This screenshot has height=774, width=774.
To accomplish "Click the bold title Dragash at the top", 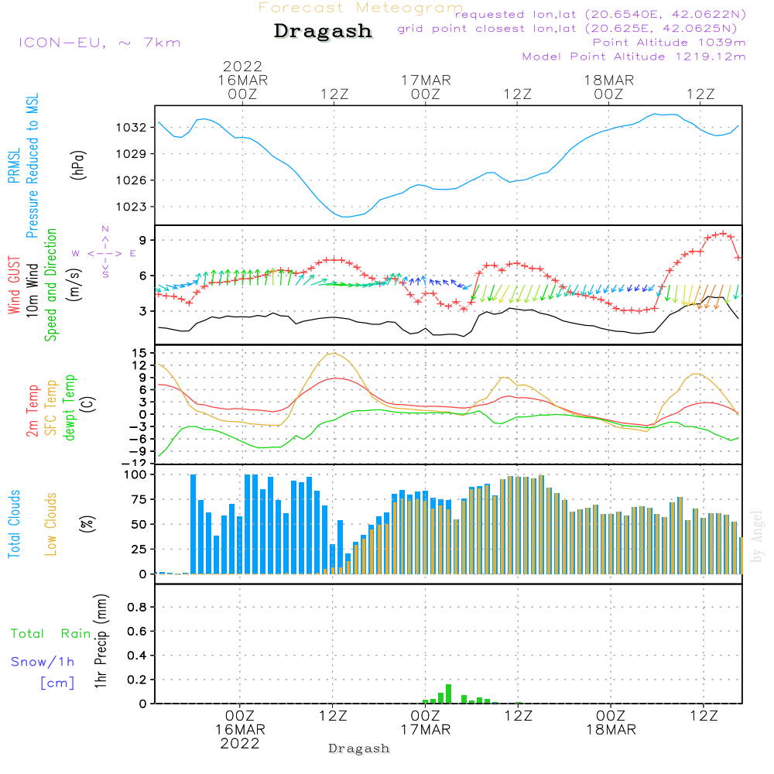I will tap(323, 32).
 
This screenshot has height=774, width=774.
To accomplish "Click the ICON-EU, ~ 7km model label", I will tap(99, 42).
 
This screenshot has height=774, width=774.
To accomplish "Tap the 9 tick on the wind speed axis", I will tap(143, 241).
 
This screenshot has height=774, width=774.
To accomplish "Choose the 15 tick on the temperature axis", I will tap(140, 353).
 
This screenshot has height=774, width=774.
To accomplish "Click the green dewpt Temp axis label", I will tap(70, 409).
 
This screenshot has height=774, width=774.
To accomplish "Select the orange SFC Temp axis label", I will tap(51, 409).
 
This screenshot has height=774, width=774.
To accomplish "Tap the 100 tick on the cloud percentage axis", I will tap(135, 474).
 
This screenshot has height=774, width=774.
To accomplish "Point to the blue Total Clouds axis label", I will tap(14, 524).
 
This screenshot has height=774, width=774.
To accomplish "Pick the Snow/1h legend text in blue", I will tap(43, 662).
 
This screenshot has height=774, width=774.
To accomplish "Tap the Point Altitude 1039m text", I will tap(669, 42).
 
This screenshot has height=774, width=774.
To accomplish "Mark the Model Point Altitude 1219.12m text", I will tap(634, 57).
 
